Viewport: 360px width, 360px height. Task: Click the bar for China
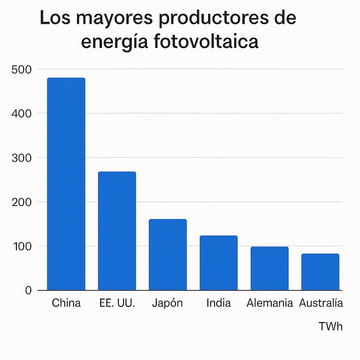[66, 184]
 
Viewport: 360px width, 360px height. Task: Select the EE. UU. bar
[117, 231]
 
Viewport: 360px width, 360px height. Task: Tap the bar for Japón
[168, 255]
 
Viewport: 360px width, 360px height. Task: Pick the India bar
[219, 263]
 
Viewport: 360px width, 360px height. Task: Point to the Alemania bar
[269, 268]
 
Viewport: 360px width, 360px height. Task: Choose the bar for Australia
[320, 272]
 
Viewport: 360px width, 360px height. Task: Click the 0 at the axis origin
[28, 290]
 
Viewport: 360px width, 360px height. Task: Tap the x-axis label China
[66, 303]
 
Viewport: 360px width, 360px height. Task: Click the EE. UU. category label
[117, 303]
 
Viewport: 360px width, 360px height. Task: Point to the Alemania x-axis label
[270, 303]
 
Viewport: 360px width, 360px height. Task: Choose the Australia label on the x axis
[321, 303]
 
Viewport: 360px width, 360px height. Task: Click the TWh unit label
[330, 326]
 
